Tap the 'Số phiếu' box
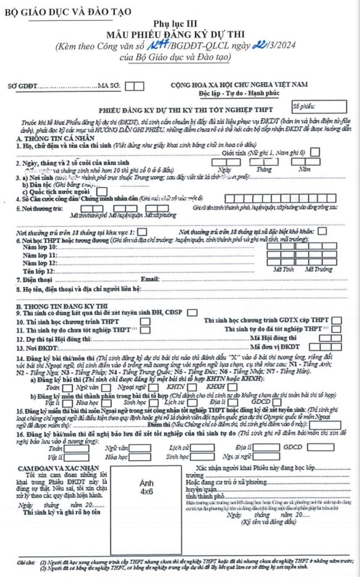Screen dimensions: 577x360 [319, 107]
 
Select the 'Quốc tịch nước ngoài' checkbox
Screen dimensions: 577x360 [101, 191]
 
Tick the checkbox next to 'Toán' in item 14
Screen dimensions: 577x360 [68, 387]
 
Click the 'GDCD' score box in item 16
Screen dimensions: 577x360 [318, 436]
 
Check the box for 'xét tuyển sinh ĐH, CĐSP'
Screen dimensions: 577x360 [191, 313]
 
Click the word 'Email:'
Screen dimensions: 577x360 [149, 279]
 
